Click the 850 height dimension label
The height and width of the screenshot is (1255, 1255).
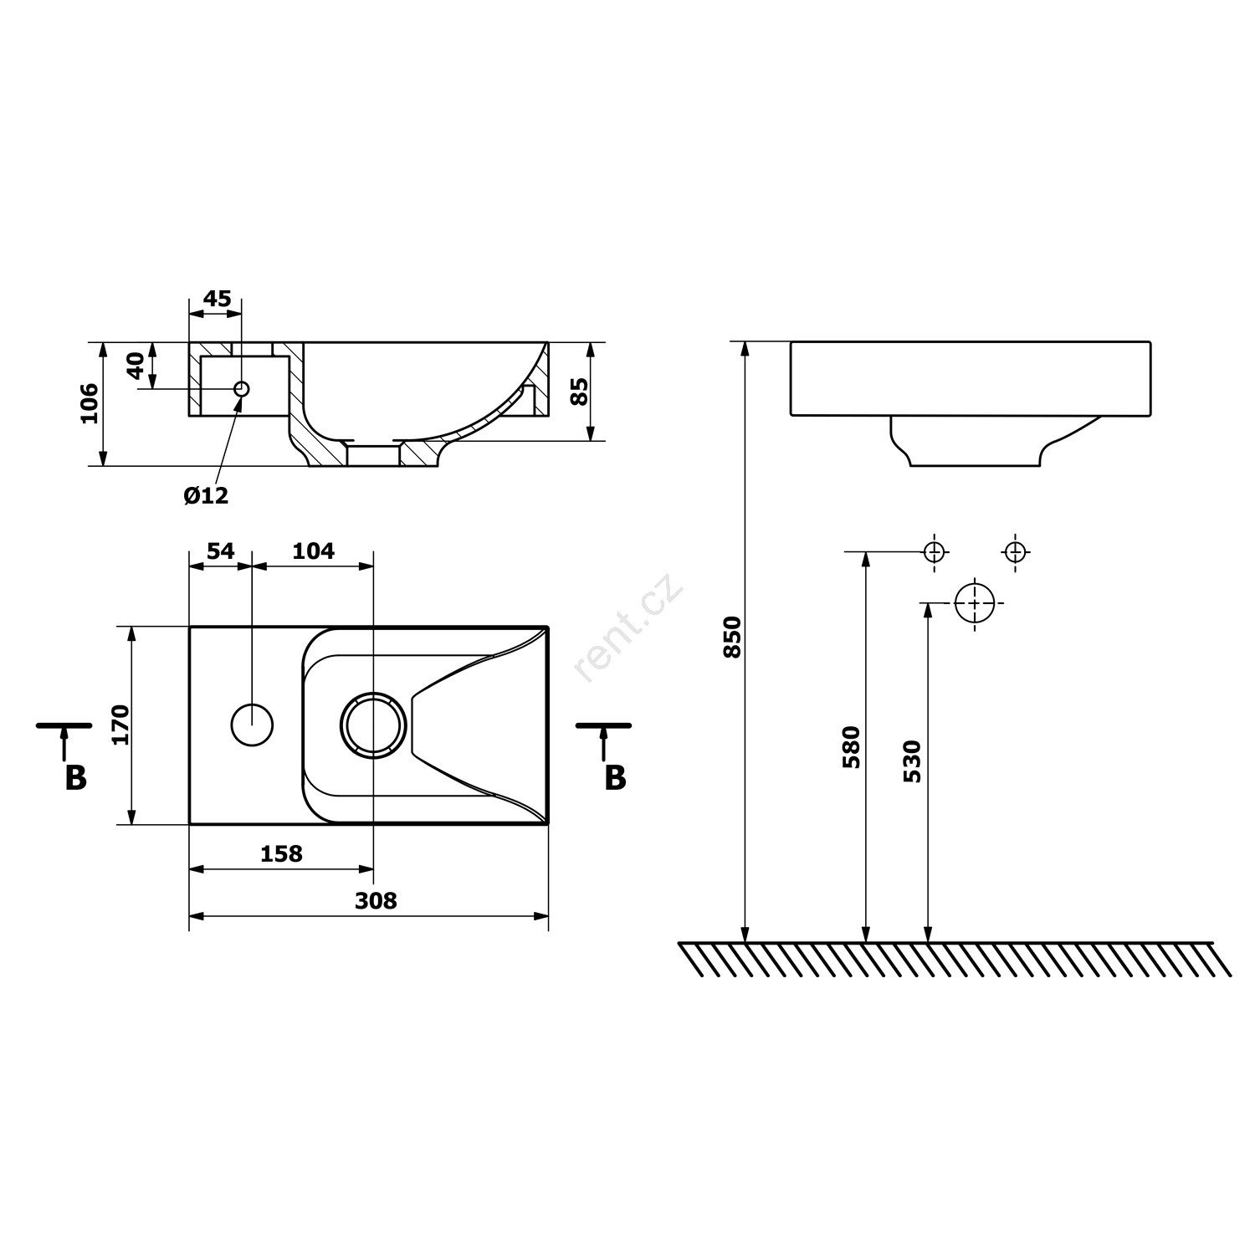pos(732,637)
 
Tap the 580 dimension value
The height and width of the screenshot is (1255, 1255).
pos(851,748)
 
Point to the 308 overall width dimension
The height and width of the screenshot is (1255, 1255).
pos(376,900)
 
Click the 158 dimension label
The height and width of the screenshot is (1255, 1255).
pos(281,853)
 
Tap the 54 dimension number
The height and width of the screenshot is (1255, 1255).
pos(220,551)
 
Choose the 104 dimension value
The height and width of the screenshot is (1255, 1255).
pos(313,551)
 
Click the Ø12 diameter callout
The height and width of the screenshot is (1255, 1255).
pos(206,495)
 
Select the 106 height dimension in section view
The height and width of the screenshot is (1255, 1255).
pos(89,403)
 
